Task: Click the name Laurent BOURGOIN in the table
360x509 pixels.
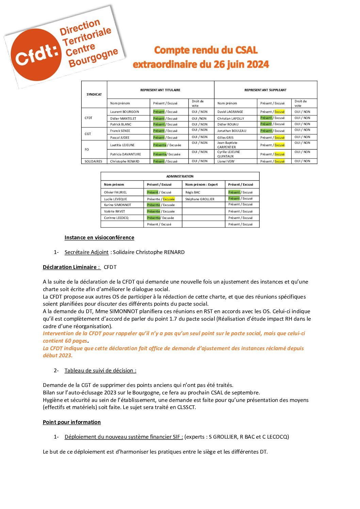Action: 125,112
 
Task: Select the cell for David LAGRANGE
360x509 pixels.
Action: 230,112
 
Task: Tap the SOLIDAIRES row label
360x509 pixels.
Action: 93,162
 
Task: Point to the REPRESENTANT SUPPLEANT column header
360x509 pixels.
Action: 265,90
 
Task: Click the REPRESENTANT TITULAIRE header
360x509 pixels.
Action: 160,90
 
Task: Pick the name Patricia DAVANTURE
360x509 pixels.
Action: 125,154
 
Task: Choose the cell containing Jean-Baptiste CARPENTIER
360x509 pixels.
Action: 227,145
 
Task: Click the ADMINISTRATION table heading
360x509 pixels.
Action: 180,176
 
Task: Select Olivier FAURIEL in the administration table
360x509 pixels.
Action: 115,192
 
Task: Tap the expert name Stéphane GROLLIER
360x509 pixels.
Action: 200,199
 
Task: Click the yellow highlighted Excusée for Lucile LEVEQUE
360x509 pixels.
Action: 169,199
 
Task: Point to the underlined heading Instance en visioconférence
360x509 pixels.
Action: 99,238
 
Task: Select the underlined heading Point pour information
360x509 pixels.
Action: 72,422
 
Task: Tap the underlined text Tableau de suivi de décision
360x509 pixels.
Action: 100,371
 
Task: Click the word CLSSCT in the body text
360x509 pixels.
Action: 186,407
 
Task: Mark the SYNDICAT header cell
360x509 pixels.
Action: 94,95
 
